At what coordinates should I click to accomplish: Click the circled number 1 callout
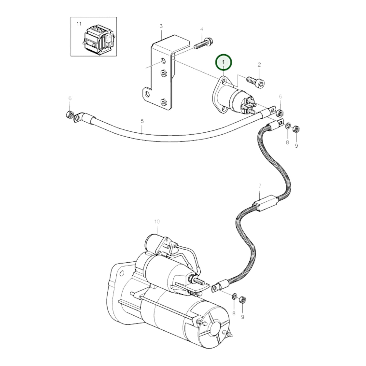tap(223, 62)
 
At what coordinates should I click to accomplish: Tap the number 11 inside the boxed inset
tap(79, 24)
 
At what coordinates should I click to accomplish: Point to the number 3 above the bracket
tap(161, 26)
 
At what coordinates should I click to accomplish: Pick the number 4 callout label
tap(202, 29)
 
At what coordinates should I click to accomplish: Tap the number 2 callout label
tap(259, 65)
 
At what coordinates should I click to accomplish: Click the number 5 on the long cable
tap(142, 121)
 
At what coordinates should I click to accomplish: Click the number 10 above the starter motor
tap(157, 222)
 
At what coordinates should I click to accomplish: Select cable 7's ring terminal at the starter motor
tap(215, 287)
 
